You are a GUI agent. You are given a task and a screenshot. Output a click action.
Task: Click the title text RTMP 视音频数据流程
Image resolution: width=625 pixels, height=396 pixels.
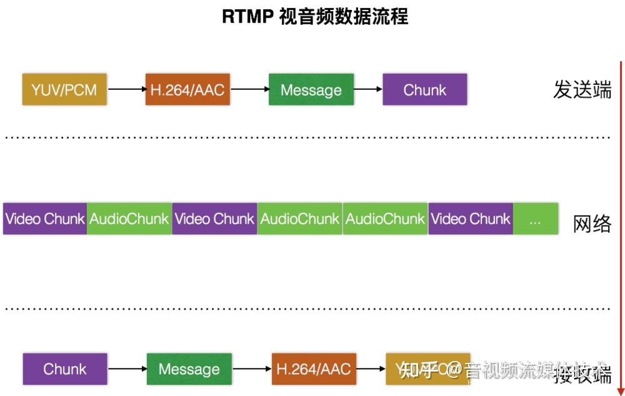(315, 16)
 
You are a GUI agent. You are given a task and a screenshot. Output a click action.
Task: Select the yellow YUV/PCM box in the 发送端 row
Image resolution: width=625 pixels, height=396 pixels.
(64, 89)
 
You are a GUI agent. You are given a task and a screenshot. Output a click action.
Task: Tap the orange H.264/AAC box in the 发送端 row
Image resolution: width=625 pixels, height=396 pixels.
(187, 89)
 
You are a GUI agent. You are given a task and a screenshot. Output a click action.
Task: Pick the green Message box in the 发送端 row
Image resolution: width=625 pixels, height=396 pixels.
(311, 89)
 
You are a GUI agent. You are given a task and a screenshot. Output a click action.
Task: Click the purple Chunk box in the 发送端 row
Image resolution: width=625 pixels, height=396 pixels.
(425, 89)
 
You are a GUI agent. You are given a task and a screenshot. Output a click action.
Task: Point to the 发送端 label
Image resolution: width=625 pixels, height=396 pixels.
(582, 90)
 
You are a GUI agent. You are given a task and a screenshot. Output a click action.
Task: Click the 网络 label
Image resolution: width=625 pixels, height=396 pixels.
(592, 224)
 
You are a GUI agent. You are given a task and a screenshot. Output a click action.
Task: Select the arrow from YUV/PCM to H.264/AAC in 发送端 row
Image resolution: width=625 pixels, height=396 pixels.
(126, 89)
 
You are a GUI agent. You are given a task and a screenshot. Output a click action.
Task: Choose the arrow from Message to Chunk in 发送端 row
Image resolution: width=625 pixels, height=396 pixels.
(368, 89)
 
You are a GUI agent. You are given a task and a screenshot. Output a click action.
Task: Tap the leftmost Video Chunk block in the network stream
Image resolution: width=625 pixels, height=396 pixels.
(45, 219)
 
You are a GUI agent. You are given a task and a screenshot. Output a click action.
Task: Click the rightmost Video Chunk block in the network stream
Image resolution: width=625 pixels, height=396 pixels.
(471, 219)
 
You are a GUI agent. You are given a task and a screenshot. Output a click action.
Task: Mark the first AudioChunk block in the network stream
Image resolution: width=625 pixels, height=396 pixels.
(129, 219)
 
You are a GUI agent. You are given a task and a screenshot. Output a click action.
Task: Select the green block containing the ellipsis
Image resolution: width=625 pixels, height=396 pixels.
(536, 219)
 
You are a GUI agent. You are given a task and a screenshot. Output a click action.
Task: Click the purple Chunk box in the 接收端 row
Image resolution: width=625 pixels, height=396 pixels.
(65, 369)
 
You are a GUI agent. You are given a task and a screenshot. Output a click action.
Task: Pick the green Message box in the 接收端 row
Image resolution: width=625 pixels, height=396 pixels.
(189, 369)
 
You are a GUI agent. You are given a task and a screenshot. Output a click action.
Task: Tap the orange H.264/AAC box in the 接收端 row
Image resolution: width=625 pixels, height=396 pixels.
(314, 369)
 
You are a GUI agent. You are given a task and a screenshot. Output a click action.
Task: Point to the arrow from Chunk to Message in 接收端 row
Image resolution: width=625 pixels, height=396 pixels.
(127, 369)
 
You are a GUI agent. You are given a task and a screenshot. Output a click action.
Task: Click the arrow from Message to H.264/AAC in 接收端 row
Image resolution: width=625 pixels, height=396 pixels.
(251, 369)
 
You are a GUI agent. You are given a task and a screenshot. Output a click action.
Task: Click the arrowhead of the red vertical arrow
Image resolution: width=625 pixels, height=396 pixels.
(621, 389)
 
